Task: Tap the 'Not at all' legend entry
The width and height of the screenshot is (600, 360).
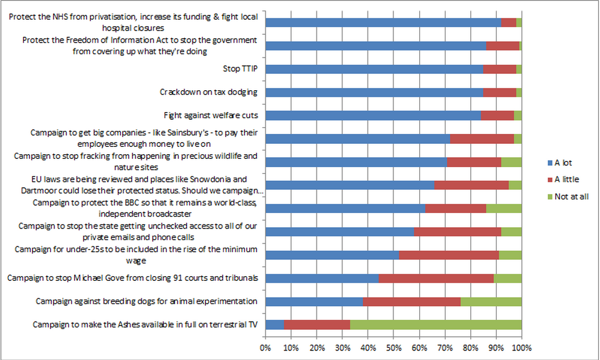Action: [x=571, y=196]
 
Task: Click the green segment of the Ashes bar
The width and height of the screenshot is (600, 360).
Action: [x=435, y=325]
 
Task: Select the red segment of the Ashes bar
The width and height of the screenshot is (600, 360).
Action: [x=317, y=325]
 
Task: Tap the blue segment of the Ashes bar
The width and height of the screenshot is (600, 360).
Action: [x=275, y=325]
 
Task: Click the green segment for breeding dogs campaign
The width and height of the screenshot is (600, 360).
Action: [x=491, y=301]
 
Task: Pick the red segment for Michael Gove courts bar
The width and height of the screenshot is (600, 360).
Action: [x=436, y=278]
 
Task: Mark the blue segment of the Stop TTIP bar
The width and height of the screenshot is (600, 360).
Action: [x=374, y=69]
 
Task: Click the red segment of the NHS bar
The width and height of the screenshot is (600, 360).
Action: [x=508, y=22]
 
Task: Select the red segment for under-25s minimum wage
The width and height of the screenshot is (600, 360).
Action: [x=449, y=255]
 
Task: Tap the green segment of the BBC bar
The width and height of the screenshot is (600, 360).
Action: [x=504, y=208]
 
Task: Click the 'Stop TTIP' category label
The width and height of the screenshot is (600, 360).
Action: [x=240, y=69]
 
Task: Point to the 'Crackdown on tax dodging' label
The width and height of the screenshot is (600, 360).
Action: [x=209, y=92]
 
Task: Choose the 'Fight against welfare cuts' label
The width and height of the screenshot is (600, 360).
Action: [x=211, y=115]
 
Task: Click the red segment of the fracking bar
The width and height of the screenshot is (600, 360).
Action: [x=474, y=162]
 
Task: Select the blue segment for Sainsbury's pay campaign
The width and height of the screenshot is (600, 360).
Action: [x=358, y=139]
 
